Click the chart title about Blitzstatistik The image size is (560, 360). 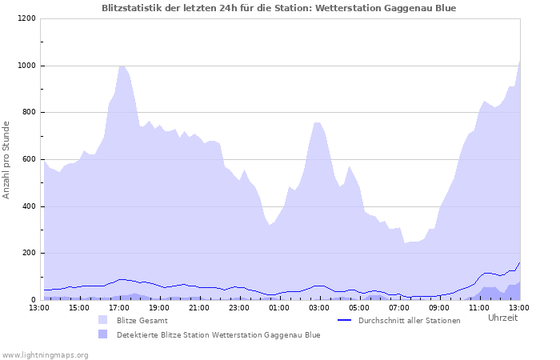click(279, 8)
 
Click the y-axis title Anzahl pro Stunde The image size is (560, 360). click(6, 159)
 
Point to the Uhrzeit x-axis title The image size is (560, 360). click(502, 318)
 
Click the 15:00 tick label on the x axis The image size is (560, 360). click(79, 307)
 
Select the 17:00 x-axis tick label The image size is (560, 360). click(119, 307)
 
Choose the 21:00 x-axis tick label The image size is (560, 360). click(199, 307)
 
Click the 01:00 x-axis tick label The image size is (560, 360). click(279, 307)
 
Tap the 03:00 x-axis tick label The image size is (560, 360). click(319, 307)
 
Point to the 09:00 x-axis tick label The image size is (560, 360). click(439, 307)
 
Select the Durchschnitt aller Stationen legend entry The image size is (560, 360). click(409, 321)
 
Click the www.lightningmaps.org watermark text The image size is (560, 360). click(45, 354)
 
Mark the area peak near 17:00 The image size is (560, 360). click(122, 66)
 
